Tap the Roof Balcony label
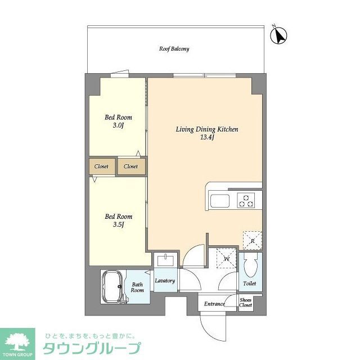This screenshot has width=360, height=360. [x=174, y=49]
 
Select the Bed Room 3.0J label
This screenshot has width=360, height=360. [x=119, y=121]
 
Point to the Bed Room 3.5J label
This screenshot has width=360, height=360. [x=119, y=220]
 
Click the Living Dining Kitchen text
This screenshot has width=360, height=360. [x=207, y=129]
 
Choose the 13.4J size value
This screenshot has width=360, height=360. [x=207, y=138]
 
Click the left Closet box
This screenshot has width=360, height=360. [x=101, y=166]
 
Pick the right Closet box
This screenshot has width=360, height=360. [x=131, y=166]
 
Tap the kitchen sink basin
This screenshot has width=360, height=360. [x=218, y=200]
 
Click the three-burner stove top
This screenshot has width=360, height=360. [x=246, y=199]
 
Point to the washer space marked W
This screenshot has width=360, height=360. [x=227, y=258]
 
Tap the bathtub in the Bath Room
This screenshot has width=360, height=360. [x=113, y=286]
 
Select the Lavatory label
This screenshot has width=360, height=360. [x=165, y=281]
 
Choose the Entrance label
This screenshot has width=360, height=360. [x=214, y=304]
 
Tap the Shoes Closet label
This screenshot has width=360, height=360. [x=246, y=303]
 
